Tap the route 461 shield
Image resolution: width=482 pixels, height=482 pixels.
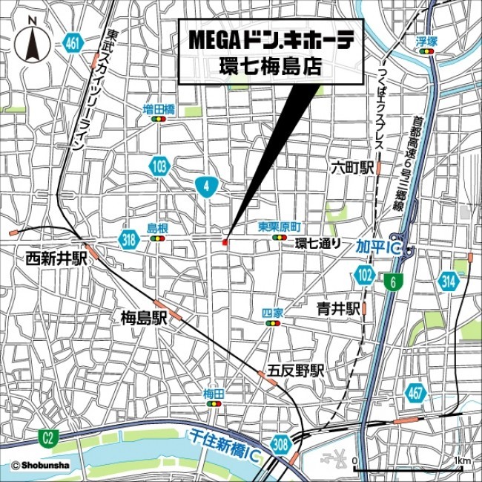(73, 42)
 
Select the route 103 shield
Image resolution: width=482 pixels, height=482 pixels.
(159, 166)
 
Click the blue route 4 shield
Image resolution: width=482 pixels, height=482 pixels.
(205, 186)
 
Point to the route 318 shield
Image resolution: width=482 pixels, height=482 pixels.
(129, 238)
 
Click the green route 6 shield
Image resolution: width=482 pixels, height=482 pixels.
(390, 282)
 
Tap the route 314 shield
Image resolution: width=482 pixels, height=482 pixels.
(449, 280)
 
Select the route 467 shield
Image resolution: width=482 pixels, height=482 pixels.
(416, 391)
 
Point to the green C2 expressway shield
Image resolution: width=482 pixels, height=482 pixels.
(48, 439)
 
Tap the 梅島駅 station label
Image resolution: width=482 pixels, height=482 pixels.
(144, 319)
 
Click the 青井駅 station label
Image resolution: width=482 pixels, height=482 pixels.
(337, 307)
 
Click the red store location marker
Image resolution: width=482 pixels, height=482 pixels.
(224, 243)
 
